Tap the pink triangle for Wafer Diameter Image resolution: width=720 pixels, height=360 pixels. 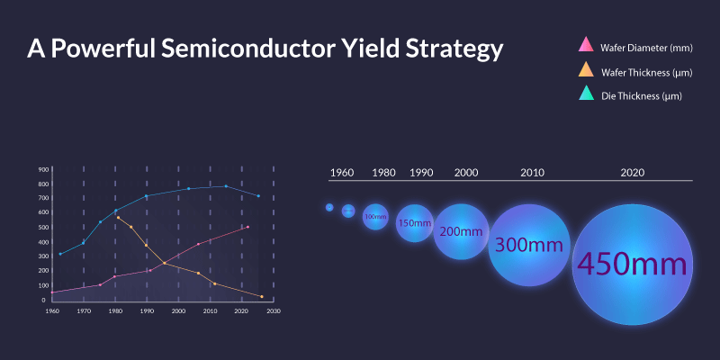(585, 44)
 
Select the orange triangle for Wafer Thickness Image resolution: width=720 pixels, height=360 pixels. (585, 69)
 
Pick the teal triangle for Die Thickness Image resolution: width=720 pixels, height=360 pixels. (585, 94)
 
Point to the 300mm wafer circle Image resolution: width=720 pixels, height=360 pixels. (529, 245)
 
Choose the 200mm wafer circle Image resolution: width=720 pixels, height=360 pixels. (462, 231)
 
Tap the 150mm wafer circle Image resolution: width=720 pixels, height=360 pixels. (415, 223)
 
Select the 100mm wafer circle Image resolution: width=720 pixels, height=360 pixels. (375, 217)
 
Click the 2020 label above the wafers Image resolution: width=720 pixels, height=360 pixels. (632, 172)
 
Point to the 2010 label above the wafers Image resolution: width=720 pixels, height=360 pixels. (531, 172)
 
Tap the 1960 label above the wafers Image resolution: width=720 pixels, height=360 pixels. (342, 172)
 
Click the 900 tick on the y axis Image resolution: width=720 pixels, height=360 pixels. (43, 169)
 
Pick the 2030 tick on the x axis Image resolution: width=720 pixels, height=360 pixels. (274, 311)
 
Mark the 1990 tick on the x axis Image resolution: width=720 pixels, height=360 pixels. (147, 311)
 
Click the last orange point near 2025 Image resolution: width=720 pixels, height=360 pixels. (261, 296)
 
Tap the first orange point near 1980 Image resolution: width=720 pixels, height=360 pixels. (118, 217)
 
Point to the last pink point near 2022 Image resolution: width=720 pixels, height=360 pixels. (247, 227)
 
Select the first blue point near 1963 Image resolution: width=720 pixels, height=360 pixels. (60, 254)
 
